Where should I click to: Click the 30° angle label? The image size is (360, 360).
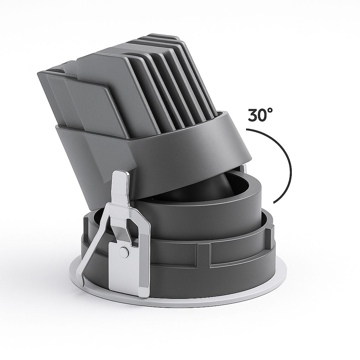(x=260, y=115)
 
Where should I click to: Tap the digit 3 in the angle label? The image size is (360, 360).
(x=253, y=115)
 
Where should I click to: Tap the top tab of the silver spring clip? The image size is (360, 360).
(x=121, y=179)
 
